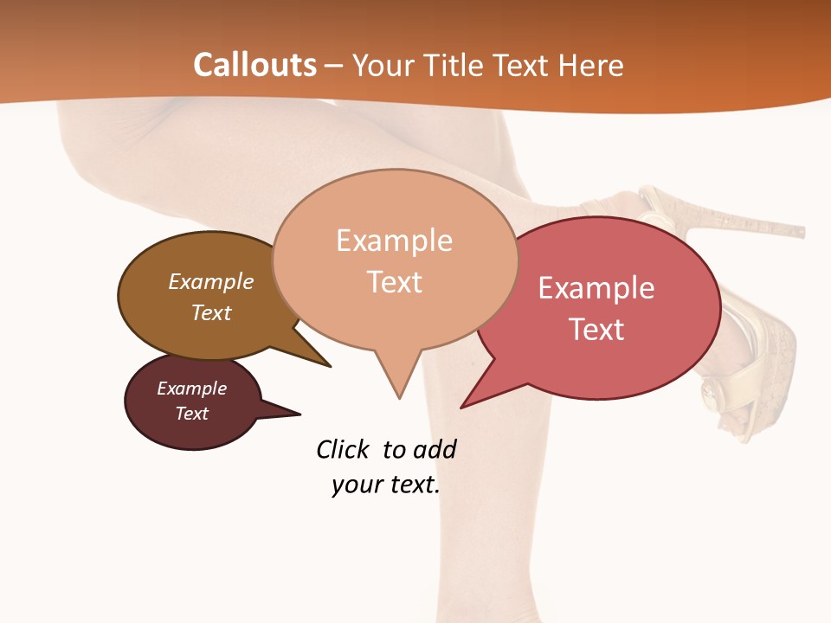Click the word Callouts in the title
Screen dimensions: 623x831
tap(254, 65)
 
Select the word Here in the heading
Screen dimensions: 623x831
tap(592, 65)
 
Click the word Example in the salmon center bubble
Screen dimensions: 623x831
tap(394, 241)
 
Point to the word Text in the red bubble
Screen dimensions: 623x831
tap(596, 329)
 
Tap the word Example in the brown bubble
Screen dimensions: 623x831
tap(211, 281)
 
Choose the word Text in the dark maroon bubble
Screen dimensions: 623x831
tap(191, 414)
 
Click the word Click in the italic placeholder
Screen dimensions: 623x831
tap(342, 449)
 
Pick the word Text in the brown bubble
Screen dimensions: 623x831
tap(211, 312)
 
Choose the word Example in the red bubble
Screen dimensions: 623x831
tap(596, 288)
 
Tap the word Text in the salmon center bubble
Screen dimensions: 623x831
tap(395, 281)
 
